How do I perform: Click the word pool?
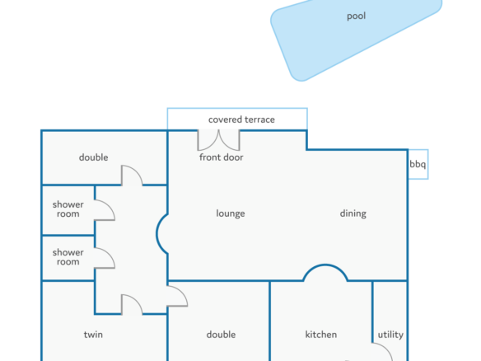point(356,16)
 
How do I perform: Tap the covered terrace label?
point(241,120)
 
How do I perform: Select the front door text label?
point(222,157)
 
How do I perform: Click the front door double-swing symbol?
point(218,140)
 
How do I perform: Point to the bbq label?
point(418,164)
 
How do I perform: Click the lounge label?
point(231,213)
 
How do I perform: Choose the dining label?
point(353,213)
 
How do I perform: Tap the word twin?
point(93,335)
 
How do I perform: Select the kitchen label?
point(321,335)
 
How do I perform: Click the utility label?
point(390,335)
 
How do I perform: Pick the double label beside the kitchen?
point(221,335)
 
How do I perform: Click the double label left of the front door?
point(94,157)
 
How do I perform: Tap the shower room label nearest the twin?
point(68,257)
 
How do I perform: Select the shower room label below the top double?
point(68,209)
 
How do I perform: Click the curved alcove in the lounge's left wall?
point(157,234)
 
